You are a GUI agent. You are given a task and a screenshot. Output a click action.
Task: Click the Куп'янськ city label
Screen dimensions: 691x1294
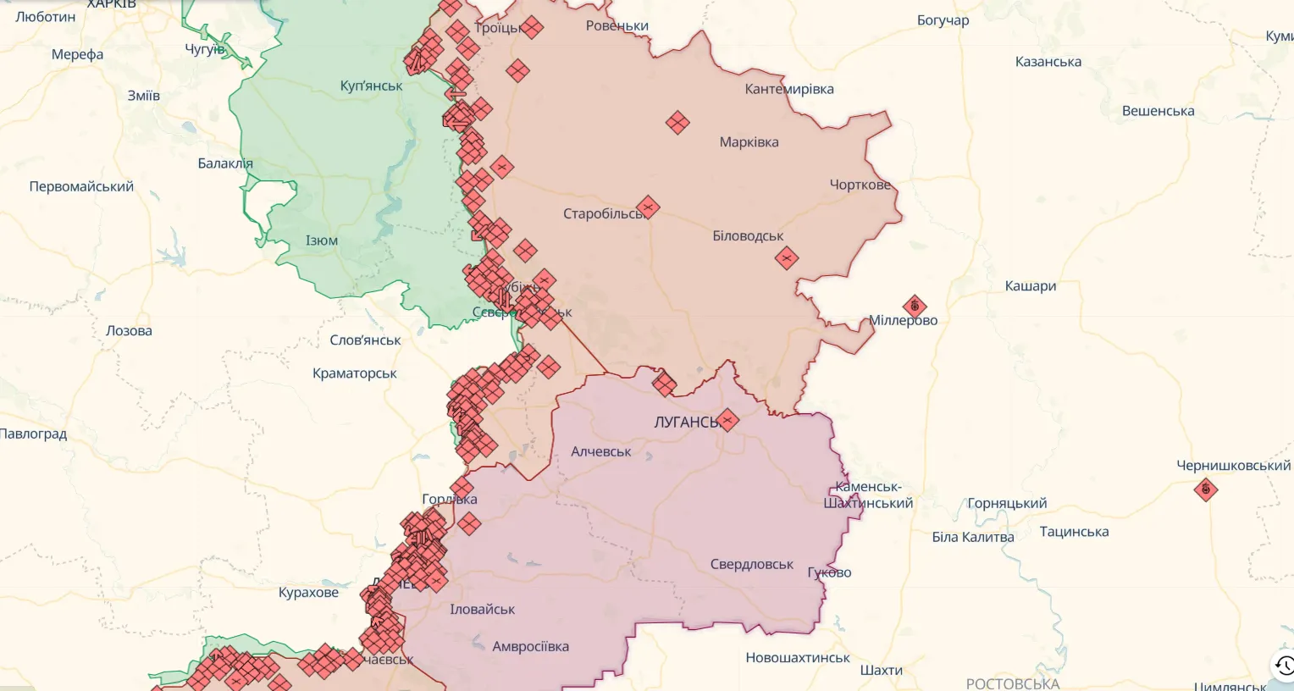371,86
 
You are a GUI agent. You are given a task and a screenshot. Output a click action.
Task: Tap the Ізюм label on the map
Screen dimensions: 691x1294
322,241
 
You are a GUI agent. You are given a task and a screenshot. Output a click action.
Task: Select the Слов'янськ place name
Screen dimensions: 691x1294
365,340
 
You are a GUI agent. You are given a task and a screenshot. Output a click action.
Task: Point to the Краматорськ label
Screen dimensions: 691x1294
354,373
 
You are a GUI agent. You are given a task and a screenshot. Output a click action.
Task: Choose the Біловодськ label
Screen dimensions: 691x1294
748,236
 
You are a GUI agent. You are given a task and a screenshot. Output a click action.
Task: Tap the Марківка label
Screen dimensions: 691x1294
749,142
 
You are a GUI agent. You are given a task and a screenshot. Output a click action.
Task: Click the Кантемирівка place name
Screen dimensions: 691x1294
788,89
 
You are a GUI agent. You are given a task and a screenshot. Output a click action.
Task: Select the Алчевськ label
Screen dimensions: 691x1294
600,452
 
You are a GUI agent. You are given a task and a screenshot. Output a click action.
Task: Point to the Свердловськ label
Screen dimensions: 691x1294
751,565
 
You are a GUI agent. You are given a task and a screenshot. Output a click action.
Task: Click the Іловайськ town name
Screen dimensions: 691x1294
482,610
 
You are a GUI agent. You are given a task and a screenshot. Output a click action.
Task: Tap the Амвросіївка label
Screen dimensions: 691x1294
530,647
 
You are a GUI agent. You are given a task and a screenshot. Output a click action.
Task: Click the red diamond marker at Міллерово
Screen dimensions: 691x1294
914,306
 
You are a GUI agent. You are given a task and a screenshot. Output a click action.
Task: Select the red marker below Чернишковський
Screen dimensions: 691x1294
1205,489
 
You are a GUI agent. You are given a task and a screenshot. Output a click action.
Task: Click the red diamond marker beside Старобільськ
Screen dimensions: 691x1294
648,207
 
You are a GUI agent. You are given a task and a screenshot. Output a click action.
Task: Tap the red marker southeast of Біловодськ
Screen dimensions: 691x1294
787,257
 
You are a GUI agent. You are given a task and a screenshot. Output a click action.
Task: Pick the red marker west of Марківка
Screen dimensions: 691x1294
677,123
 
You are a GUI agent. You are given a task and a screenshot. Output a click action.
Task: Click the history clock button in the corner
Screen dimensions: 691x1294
1284,665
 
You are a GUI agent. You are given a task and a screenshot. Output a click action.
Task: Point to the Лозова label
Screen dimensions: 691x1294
129,331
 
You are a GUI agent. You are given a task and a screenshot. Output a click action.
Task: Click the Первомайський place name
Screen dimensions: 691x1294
81,187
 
